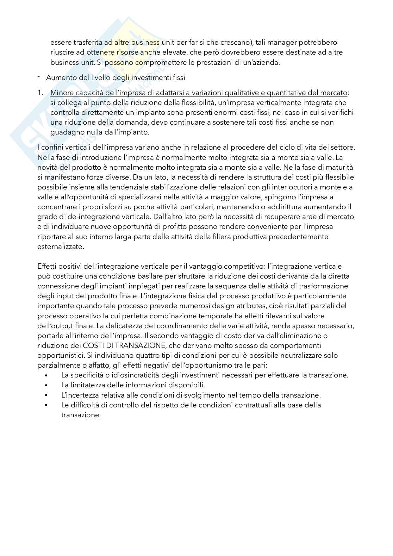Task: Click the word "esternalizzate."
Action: [x=61, y=246]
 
